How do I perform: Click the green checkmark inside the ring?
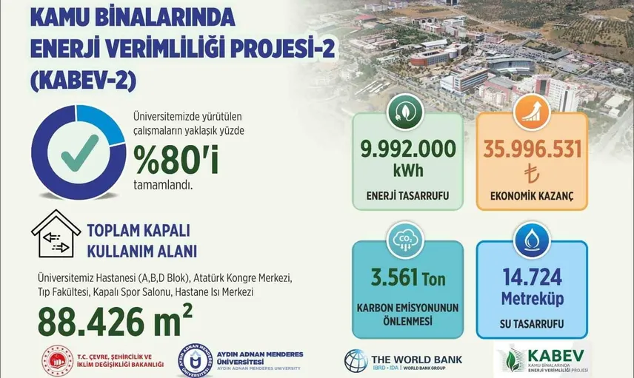[80, 152]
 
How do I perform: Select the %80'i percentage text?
[176, 160]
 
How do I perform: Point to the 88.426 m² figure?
[115, 321]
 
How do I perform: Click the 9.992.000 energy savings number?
[408, 149]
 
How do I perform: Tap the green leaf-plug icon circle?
[405, 112]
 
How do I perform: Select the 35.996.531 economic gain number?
[532, 149]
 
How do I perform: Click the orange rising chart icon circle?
[532, 112]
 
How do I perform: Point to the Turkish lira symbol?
[532, 175]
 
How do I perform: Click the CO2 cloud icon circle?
[405, 240]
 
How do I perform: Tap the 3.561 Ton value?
[408, 278]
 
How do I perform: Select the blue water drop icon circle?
[532, 240]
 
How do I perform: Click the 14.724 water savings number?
[532, 277]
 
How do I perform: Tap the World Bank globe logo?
[356, 361]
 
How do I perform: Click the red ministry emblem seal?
[58, 361]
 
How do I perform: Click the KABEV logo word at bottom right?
[555, 356]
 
